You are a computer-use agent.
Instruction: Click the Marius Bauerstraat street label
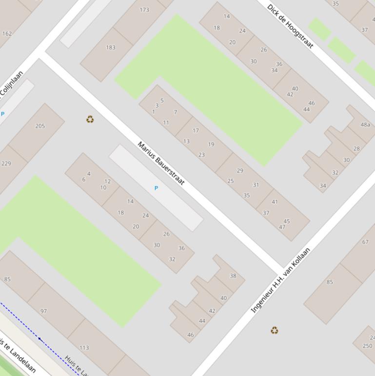(x=161, y=164)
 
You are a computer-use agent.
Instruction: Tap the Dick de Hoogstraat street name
(x=290, y=26)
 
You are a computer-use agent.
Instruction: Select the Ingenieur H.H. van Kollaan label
(x=280, y=281)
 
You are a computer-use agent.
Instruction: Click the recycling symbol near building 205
(x=90, y=119)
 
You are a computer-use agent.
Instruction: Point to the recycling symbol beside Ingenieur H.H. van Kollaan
(x=275, y=331)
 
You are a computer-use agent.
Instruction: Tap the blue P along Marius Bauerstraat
(x=156, y=188)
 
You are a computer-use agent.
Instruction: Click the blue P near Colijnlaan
(x=3, y=114)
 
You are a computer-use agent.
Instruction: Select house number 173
(x=144, y=10)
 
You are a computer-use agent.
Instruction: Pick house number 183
(x=111, y=47)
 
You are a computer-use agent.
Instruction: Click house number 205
(x=40, y=126)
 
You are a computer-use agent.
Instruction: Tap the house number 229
(x=6, y=164)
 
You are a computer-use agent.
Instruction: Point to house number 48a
(x=365, y=125)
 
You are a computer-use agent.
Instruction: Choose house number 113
(x=84, y=348)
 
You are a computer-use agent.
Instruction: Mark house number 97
(x=43, y=311)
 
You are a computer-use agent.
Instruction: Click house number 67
(x=365, y=242)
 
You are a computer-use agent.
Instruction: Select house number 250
(x=367, y=346)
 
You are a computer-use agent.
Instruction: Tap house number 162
(x=7, y=34)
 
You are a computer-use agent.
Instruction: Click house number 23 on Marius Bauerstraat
(x=201, y=155)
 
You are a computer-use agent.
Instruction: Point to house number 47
(x=282, y=227)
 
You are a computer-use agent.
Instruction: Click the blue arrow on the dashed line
(x=39, y=338)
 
